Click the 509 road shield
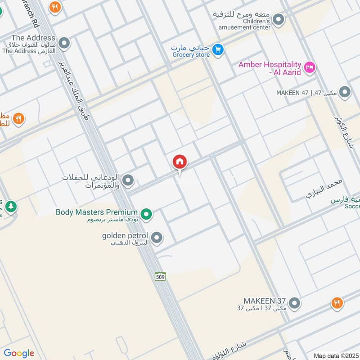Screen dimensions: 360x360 [160, 276]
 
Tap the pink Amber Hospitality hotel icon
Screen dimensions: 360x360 [310, 68]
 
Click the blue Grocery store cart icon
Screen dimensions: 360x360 [218, 50]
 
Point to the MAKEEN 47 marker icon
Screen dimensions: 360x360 [345, 92]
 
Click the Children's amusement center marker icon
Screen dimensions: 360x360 [279, 20]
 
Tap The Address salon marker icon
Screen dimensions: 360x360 [64, 44]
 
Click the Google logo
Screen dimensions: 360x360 [19, 353]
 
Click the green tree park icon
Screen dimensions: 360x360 [11, 207]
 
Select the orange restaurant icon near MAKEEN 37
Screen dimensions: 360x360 [336, 303]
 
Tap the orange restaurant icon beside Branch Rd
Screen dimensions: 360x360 [55, 7]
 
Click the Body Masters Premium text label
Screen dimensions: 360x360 [96, 212]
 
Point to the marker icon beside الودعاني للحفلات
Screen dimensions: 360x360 [128, 180]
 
